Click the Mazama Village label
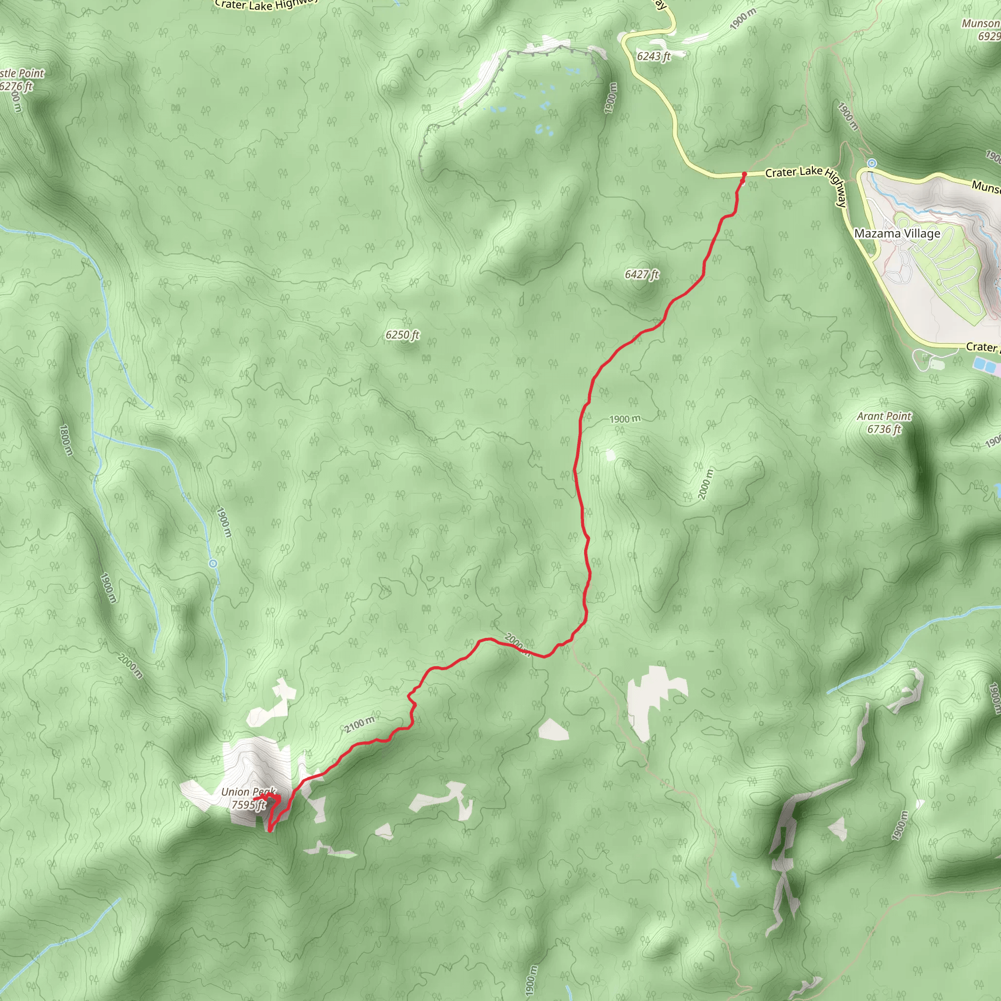point(897,234)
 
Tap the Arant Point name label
point(884,416)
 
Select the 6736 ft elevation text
point(884,429)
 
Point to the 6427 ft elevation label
point(641,274)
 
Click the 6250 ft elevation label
point(402,335)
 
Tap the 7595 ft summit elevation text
point(248,805)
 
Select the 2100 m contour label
point(360,724)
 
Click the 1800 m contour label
point(66,440)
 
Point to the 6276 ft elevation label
point(16,86)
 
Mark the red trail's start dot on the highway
point(744,174)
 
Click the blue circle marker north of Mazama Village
point(872,164)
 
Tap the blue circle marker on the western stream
point(213,563)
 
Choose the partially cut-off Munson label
point(980,23)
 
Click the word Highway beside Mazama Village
point(835,188)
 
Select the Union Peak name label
point(248,792)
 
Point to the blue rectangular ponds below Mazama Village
point(985,366)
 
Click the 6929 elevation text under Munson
point(989,36)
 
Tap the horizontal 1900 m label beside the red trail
point(624,419)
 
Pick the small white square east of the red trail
point(610,455)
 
